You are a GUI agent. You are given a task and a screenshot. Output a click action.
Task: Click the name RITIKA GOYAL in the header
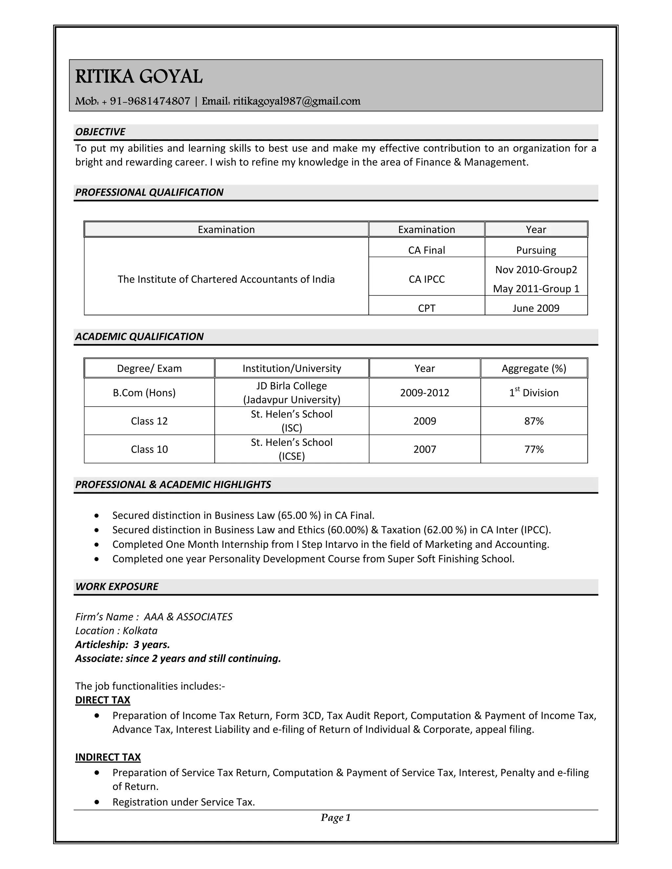139,76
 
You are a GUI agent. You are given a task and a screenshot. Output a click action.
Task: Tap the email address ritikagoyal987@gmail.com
297,101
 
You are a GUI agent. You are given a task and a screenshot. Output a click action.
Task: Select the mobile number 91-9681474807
150,101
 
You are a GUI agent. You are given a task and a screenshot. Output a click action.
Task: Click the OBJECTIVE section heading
100,132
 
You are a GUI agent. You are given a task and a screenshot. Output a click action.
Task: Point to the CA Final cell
426,250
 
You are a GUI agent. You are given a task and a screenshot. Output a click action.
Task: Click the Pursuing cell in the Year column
536,250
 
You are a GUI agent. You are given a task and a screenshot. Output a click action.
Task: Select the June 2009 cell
536,308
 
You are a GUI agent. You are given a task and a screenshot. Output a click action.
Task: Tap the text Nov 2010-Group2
536,270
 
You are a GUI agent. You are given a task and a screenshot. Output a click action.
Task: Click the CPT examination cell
426,308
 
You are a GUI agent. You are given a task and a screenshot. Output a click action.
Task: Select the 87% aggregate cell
534,421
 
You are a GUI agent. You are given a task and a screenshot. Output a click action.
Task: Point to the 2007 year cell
424,449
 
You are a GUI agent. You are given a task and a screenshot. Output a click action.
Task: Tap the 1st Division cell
534,393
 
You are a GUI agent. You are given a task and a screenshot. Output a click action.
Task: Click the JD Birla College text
291,386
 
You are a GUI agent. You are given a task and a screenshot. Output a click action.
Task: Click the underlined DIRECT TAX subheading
103,700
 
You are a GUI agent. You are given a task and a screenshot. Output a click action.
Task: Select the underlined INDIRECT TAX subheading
108,757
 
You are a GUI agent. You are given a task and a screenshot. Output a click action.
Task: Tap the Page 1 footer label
336,817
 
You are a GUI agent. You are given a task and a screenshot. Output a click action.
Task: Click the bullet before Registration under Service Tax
97,802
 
